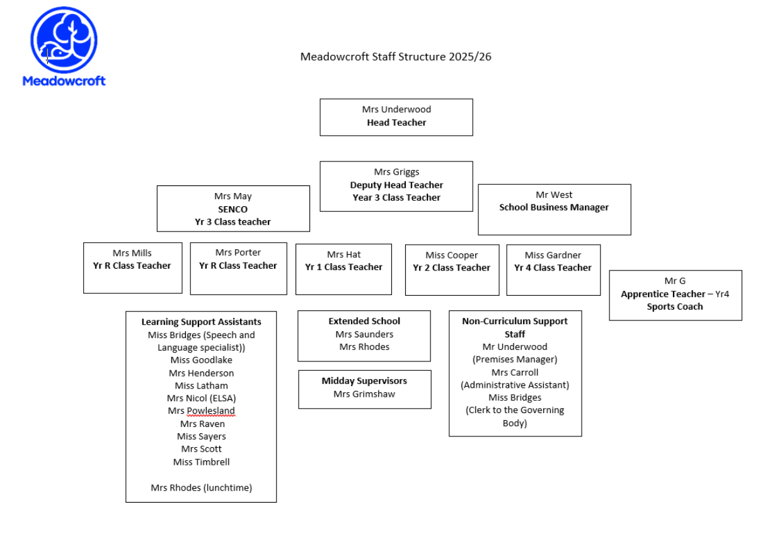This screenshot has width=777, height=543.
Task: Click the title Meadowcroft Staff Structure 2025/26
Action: click(x=396, y=57)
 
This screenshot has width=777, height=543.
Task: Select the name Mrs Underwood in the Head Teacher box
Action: click(x=396, y=109)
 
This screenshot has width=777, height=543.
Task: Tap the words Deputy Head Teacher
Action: click(x=396, y=185)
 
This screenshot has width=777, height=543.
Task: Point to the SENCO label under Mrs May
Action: click(x=233, y=209)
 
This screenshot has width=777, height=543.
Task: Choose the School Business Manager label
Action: click(x=554, y=207)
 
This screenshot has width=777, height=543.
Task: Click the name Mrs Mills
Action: click(x=132, y=253)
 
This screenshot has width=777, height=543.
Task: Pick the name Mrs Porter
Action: click(x=238, y=252)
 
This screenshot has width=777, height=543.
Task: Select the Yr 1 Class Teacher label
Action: click(x=344, y=267)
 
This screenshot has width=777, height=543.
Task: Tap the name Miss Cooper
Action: click(x=452, y=255)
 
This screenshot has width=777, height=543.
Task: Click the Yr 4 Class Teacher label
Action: click(x=553, y=268)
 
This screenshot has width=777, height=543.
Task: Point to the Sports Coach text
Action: click(x=675, y=307)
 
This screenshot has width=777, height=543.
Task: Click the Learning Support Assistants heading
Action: click(x=201, y=322)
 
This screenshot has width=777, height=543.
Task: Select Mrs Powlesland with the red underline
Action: click(x=202, y=411)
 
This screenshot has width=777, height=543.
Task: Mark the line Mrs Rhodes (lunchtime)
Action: click(x=201, y=488)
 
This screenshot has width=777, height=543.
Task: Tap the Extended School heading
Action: click(x=364, y=322)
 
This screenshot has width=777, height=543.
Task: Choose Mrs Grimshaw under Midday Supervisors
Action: click(x=364, y=394)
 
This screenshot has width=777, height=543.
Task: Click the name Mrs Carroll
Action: click(x=515, y=373)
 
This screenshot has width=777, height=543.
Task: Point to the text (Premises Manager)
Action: click(x=515, y=359)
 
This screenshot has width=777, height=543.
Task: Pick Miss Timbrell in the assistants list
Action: click(x=202, y=462)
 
